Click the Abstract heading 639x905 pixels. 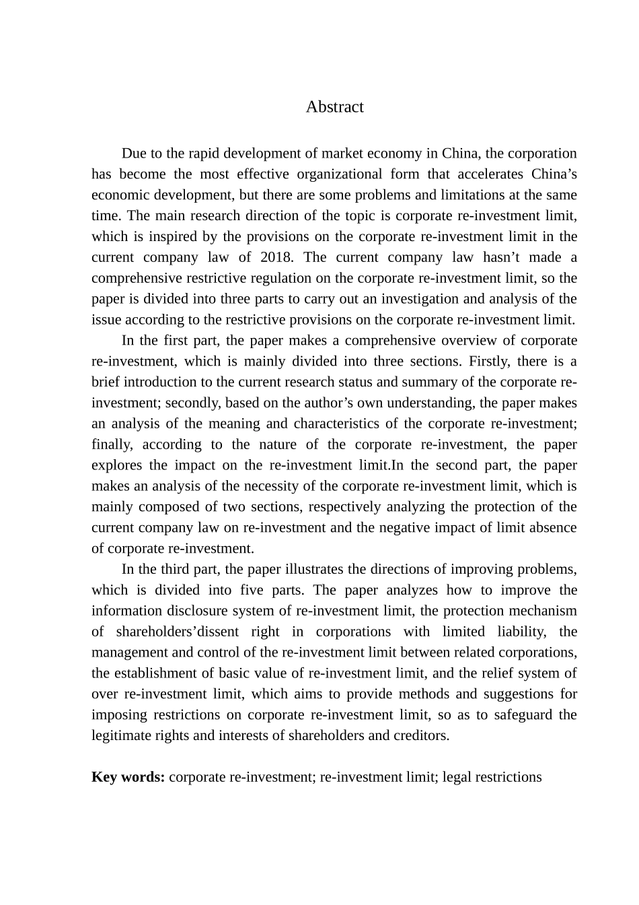click(x=334, y=107)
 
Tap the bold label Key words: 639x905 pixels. click(x=128, y=777)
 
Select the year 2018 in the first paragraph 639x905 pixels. click(x=274, y=257)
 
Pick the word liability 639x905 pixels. click(x=518, y=632)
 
